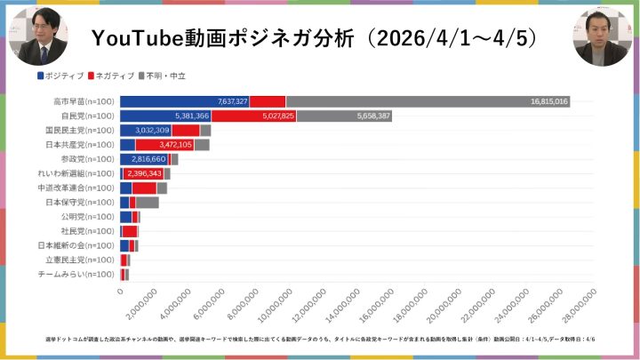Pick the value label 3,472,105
pyautogui.click(x=174, y=145)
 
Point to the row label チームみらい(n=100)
pyautogui.click(x=77, y=274)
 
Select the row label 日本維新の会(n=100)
pyautogui.click(x=76, y=245)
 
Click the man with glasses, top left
pyautogui.click(x=37, y=37)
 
